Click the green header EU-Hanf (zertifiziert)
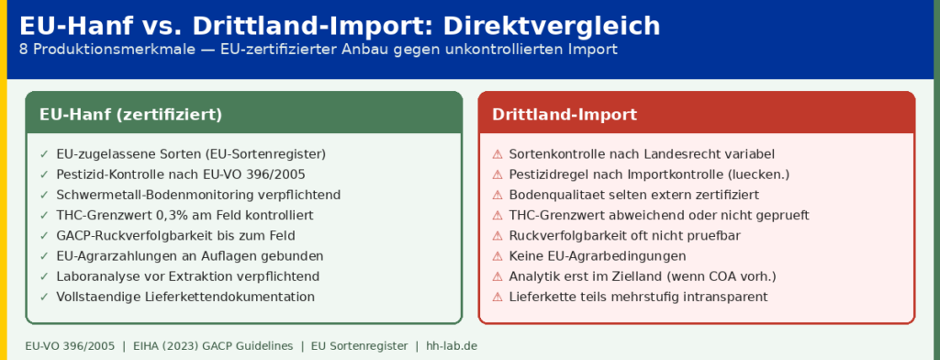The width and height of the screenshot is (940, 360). coord(130,114)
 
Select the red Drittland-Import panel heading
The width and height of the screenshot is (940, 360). coord(565,114)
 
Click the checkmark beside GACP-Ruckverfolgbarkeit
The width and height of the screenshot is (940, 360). coord(44,236)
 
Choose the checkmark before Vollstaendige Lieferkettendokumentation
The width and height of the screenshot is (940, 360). coord(44,297)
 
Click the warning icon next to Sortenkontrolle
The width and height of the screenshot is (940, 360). coord(497,154)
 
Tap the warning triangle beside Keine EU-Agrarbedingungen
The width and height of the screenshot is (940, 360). coord(497,256)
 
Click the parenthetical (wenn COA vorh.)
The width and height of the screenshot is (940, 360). coord(727,276)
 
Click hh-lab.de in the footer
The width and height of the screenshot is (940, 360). coord(452,346)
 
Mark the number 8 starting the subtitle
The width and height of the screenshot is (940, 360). coord(23,50)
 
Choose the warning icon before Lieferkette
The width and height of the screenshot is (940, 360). coord(497,297)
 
